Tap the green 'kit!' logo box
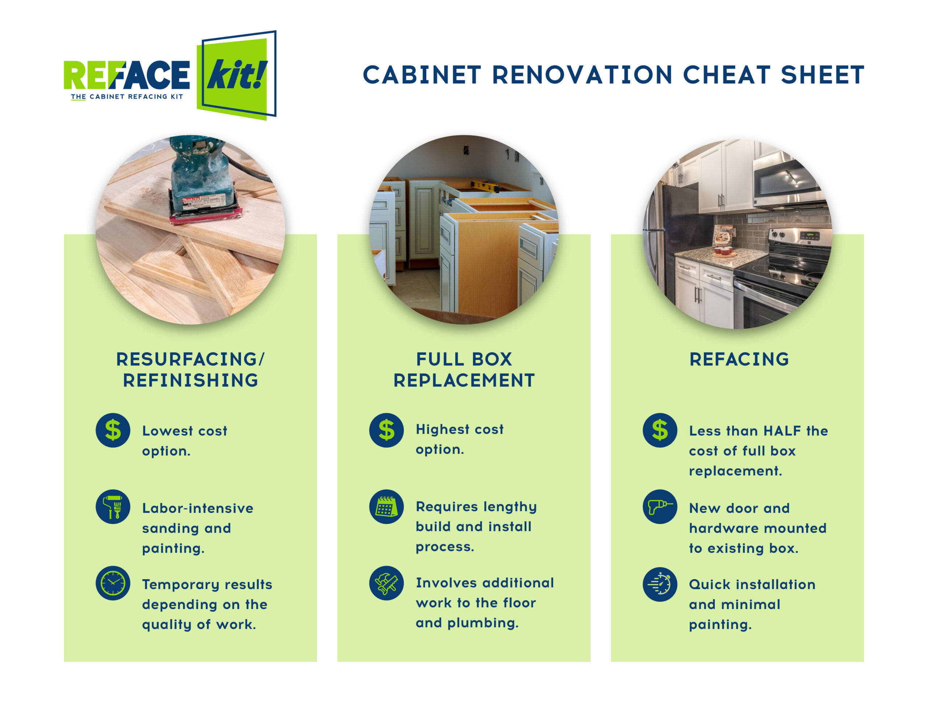[x=236, y=76]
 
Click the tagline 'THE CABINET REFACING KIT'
[x=127, y=96]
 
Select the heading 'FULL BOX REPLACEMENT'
[x=464, y=370]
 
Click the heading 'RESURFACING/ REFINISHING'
[x=190, y=370]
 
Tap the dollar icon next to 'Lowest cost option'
[x=113, y=430]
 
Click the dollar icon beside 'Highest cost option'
[x=386, y=430]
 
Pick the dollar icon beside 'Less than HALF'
[x=660, y=430]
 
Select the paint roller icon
[x=113, y=507]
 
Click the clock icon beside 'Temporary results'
[x=113, y=583]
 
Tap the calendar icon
[x=386, y=507]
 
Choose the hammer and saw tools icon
[x=386, y=583]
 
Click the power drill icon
[x=660, y=507]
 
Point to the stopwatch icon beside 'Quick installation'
[x=660, y=584]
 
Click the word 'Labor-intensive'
[x=198, y=508]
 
